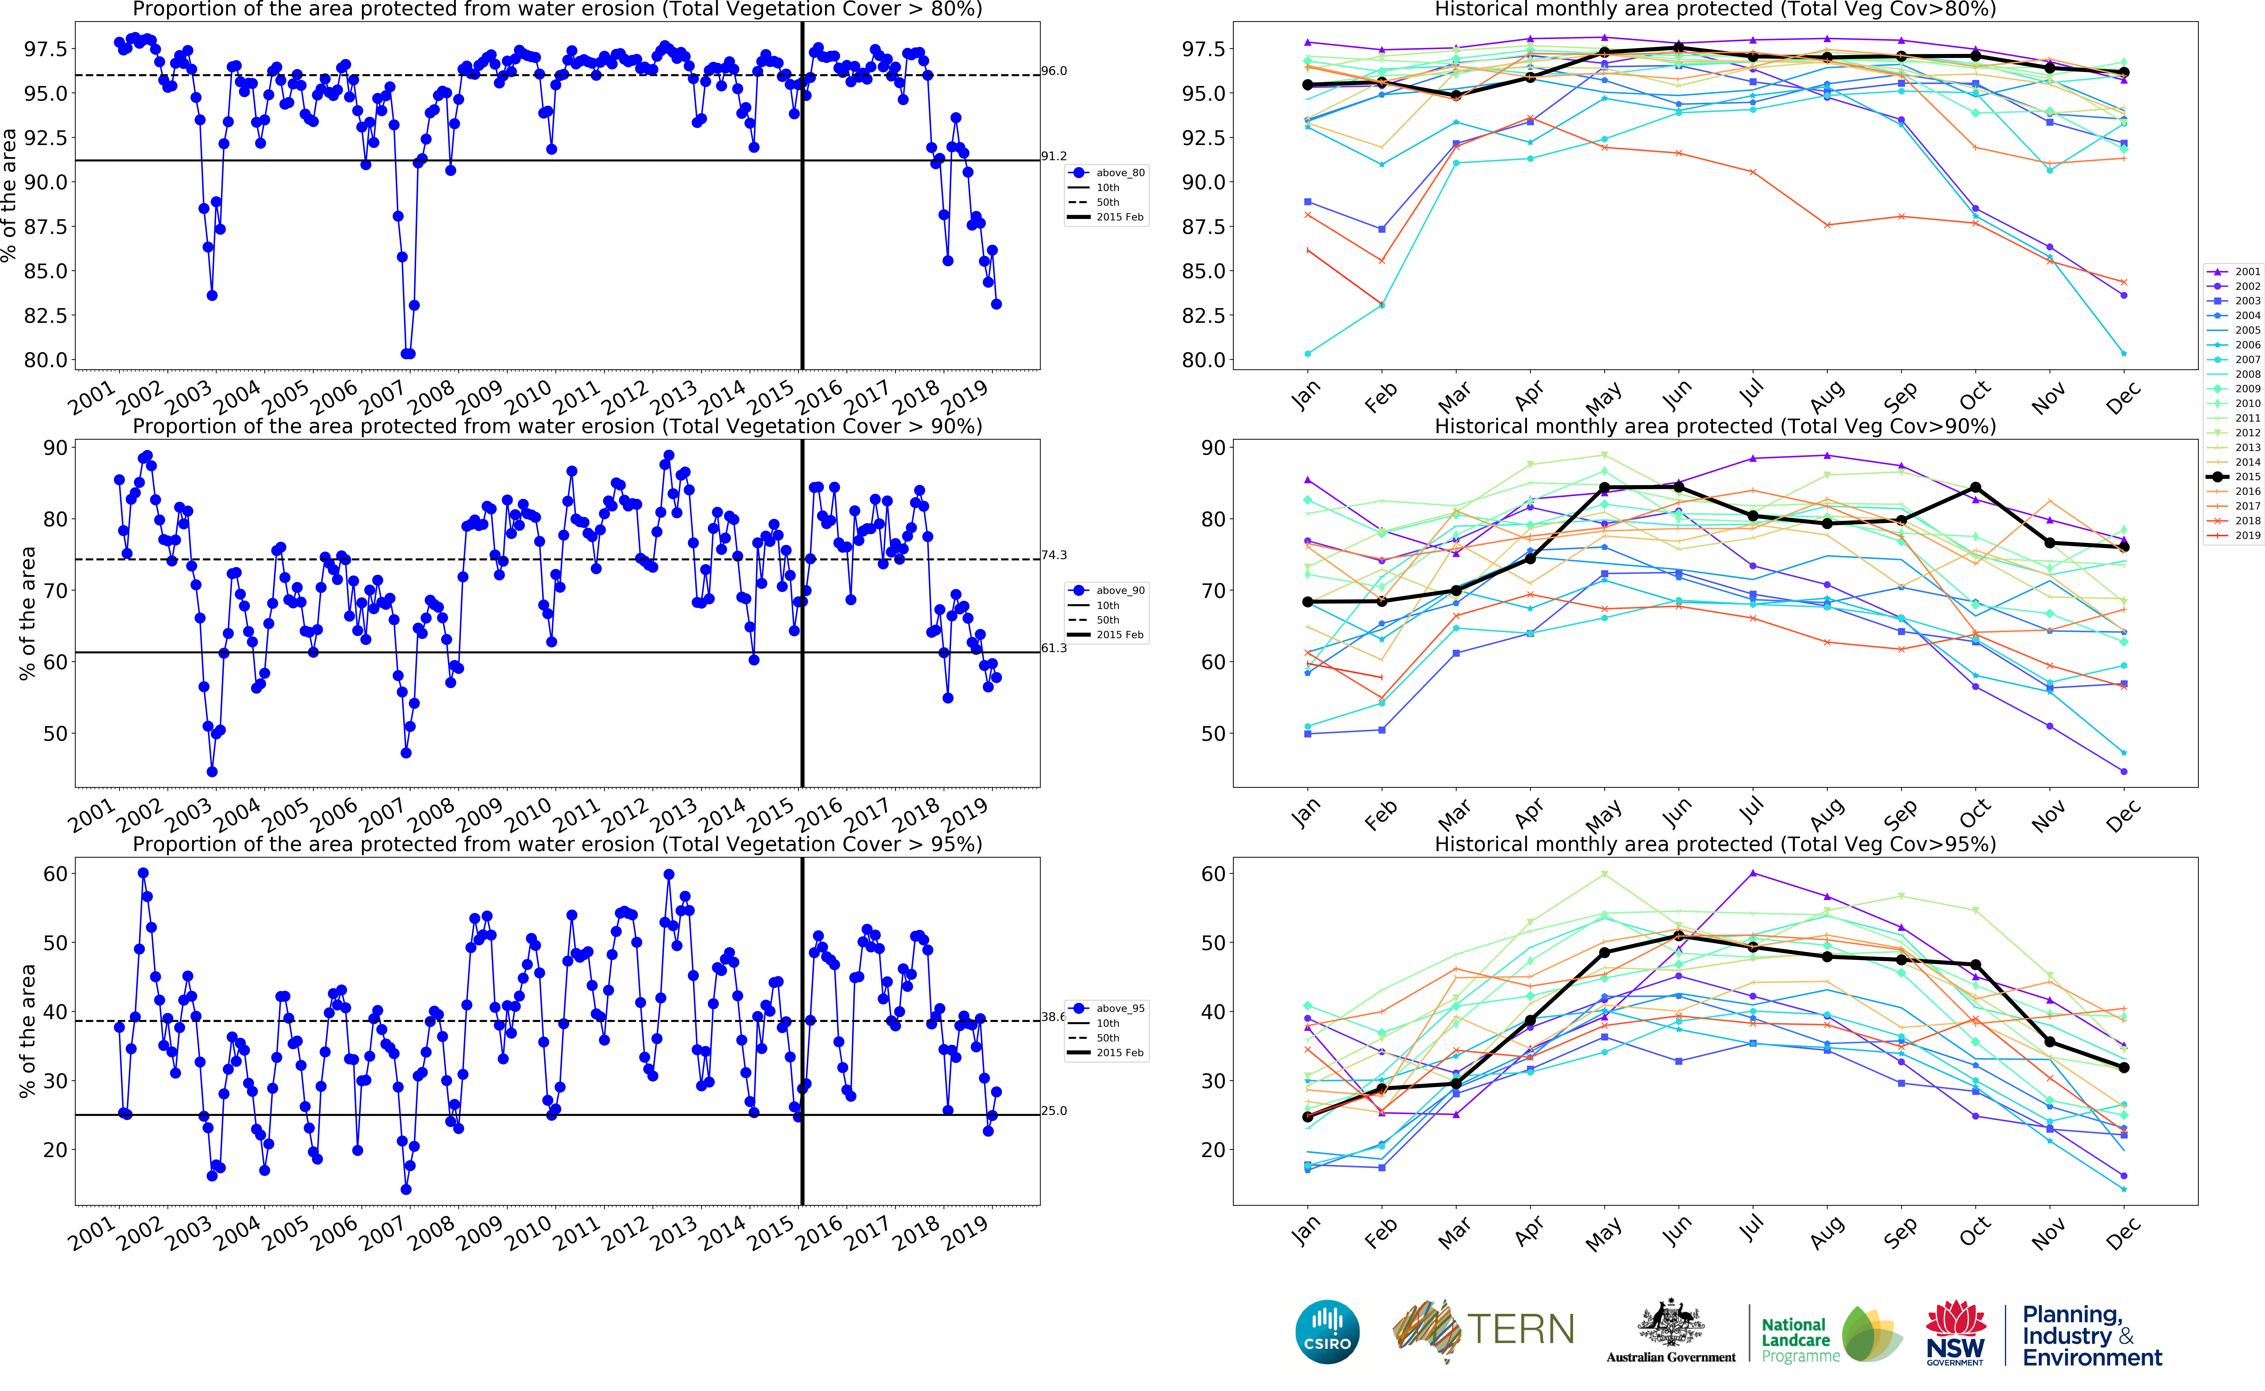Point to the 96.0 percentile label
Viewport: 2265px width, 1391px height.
pyautogui.click(x=1054, y=71)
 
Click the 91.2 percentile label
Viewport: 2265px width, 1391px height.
pyautogui.click(x=1054, y=156)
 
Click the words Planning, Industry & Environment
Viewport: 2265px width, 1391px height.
pyautogui.click(x=2091, y=1336)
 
